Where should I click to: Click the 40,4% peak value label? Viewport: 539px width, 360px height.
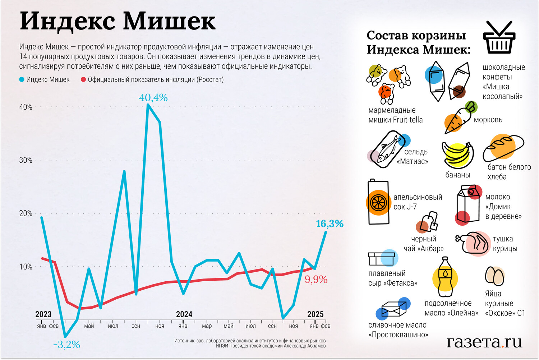point(153,97)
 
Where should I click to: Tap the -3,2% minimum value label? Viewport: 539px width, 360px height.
point(66,345)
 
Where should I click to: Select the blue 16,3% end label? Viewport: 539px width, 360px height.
point(330,224)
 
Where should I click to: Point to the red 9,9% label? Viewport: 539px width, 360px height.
point(316,279)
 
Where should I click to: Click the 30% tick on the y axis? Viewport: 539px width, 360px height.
point(26,160)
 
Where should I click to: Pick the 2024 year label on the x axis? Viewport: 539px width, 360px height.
point(184,314)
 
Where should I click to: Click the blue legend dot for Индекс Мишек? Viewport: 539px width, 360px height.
point(22,79)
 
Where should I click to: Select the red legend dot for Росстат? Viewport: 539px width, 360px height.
point(83,79)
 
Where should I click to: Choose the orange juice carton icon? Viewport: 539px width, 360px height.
point(378,202)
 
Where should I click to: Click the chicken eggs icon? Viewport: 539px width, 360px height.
point(495,276)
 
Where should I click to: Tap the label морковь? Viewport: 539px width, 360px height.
point(488,120)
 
